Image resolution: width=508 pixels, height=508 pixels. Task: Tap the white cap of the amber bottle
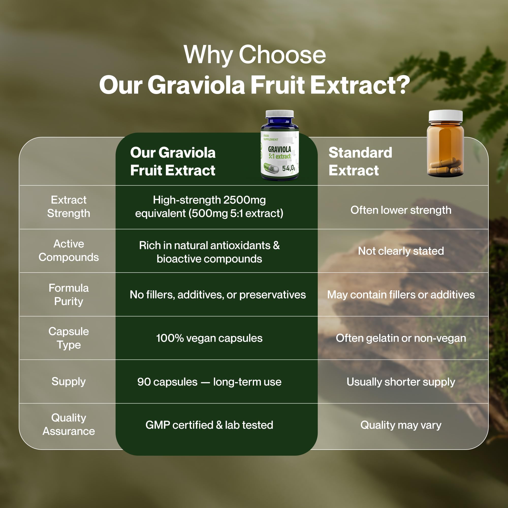(x=446, y=116)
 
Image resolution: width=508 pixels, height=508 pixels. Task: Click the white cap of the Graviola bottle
(x=279, y=114)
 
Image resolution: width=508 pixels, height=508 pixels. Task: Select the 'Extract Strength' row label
(x=69, y=207)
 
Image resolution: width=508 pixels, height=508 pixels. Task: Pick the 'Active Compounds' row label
(x=69, y=251)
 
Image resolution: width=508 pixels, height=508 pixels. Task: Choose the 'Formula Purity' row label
(x=69, y=294)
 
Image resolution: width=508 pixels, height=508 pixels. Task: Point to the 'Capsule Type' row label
(x=69, y=338)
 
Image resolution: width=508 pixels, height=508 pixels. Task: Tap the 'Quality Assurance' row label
(x=69, y=424)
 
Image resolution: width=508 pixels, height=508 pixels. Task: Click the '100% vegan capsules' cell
(x=209, y=338)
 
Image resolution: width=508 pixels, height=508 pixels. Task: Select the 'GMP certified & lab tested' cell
(x=209, y=425)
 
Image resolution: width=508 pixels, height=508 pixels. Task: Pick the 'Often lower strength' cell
(x=401, y=210)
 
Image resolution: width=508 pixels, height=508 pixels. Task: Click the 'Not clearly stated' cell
(x=401, y=251)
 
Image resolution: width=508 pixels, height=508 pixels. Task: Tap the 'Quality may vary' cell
(x=401, y=425)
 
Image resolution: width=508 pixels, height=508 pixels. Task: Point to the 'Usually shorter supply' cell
(x=401, y=382)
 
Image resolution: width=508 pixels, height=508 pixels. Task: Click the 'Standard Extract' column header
(x=360, y=161)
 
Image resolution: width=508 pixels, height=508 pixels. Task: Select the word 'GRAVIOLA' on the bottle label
(x=279, y=149)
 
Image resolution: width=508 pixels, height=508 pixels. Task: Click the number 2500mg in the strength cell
(x=245, y=200)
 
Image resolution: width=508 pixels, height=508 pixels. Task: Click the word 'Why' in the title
(x=208, y=55)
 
